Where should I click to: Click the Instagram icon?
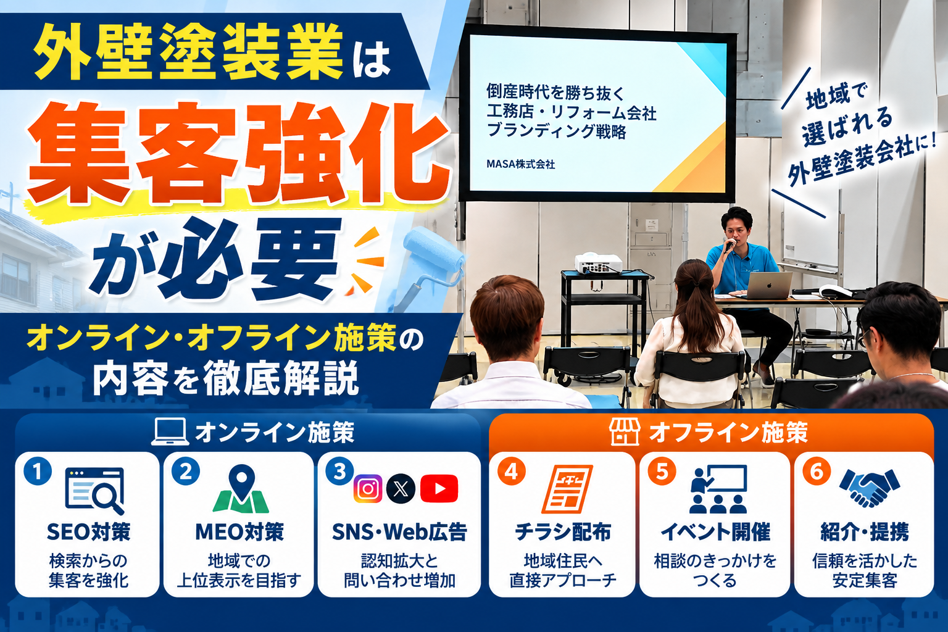[367, 488]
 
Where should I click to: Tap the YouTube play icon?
[439, 488]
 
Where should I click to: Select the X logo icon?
[401, 489]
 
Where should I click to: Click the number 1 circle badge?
[38, 471]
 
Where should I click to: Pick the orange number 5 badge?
[662, 471]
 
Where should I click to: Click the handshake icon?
[869, 488]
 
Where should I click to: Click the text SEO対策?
[88, 532]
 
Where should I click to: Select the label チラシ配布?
[563, 532]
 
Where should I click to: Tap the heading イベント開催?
[715, 532]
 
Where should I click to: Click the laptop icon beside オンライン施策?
[170, 432]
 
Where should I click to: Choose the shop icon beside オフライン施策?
[624, 432]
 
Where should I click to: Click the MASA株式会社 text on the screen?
[520, 164]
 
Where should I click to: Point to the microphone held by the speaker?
[730, 245]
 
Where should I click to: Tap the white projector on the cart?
[598, 264]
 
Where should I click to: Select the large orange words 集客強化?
[239, 154]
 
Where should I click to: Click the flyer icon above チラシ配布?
[567, 489]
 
